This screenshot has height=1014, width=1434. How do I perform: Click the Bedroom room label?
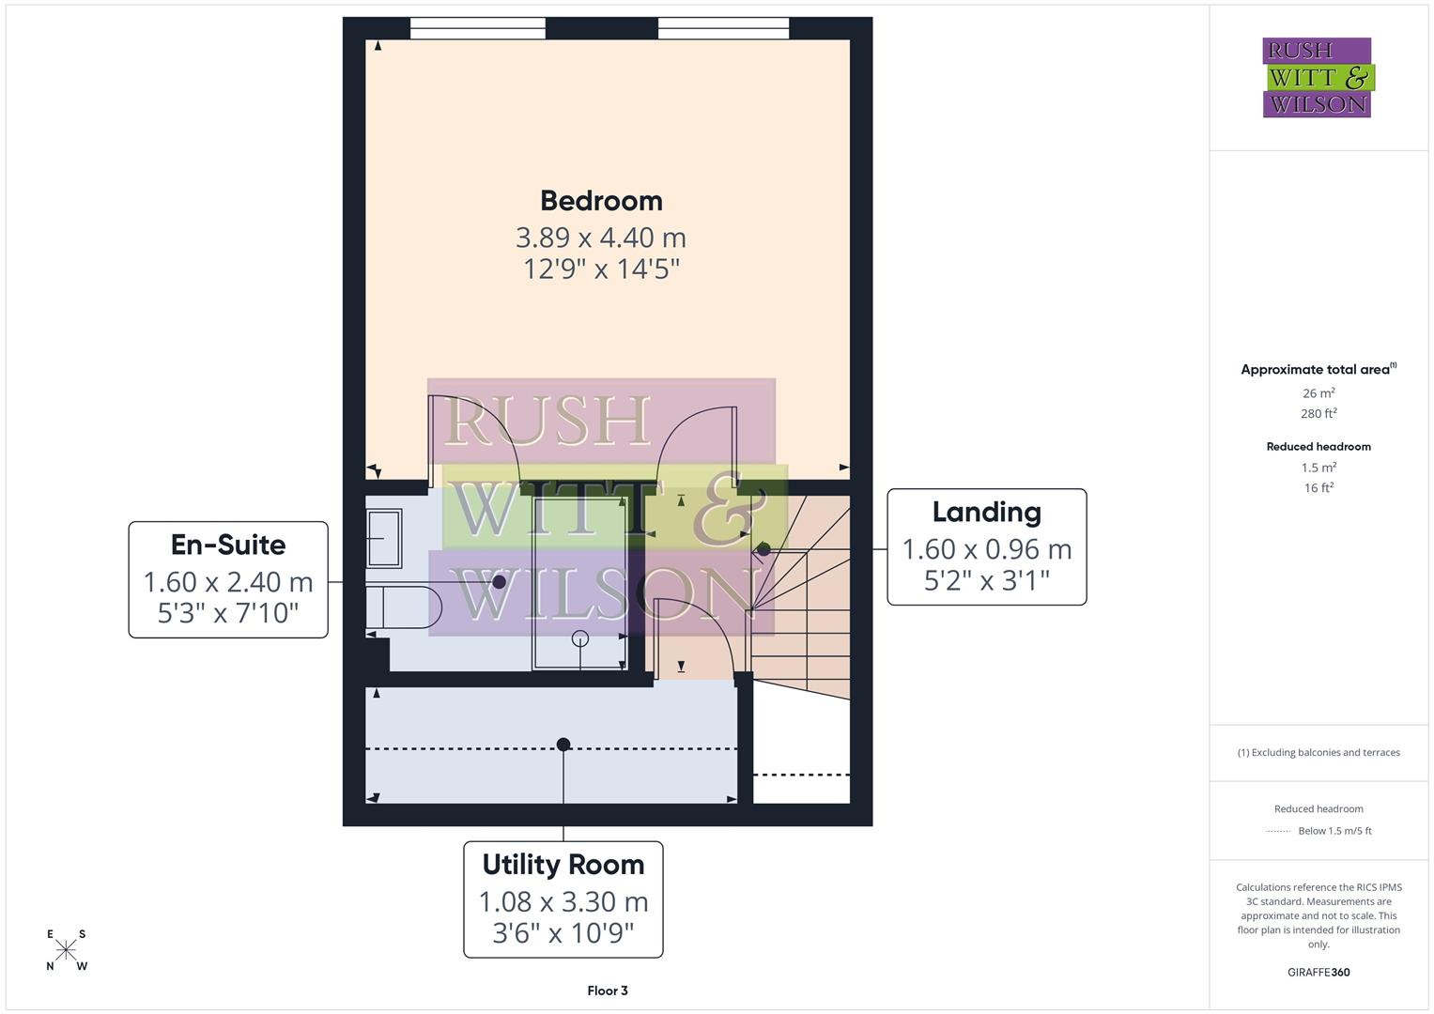point(601,201)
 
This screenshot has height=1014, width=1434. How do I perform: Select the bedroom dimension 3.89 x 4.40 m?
point(601,238)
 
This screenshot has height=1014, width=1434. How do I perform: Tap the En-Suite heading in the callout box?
point(228,545)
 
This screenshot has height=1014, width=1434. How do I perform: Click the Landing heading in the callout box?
point(986,513)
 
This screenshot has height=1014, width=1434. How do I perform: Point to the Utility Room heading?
point(563,865)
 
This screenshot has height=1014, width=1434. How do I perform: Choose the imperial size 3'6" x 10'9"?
point(563,933)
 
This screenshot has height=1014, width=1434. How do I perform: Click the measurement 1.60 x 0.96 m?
point(986,549)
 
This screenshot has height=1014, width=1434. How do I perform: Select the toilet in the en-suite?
point(404,607)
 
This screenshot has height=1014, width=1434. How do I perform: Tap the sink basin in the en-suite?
point(383,538)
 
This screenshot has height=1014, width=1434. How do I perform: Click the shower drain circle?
point(580,638)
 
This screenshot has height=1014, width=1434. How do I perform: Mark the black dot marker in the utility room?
point(563,745)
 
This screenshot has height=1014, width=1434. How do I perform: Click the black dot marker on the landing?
point(763,549)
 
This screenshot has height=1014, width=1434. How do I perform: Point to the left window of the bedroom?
point(478,29)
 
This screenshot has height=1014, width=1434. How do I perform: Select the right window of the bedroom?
point(723,29)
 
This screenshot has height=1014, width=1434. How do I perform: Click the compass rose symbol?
point(66,949)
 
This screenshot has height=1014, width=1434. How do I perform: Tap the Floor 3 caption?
point(608,991)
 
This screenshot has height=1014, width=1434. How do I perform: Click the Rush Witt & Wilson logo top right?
point(1317,78)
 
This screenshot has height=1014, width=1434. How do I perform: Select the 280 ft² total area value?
point(1318,413)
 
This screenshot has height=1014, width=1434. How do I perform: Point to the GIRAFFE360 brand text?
point(1318,973)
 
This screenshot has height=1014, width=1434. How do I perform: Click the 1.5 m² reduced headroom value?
point(1318,468)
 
